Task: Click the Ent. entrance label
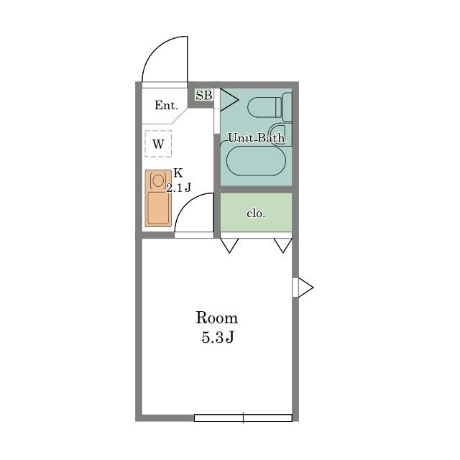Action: click(166, 105)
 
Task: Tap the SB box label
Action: click(204, 96)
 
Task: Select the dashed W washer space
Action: click(158, 144)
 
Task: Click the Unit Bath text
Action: click(256, 137)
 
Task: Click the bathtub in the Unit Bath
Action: click(256, 161)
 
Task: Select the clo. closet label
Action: click(256, 213)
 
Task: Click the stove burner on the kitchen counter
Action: click(158, 180)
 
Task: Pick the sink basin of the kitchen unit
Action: click(158, 208)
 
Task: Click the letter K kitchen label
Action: click(178, 173)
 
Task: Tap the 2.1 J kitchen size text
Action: click(179, 188)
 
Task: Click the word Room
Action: click(216, 318)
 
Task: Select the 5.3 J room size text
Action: click(217, 337)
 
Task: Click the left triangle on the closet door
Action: click(229, 245)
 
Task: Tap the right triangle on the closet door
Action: click(283, 245)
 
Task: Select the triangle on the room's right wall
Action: click(305, 287)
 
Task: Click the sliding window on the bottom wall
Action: click(243, 418)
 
